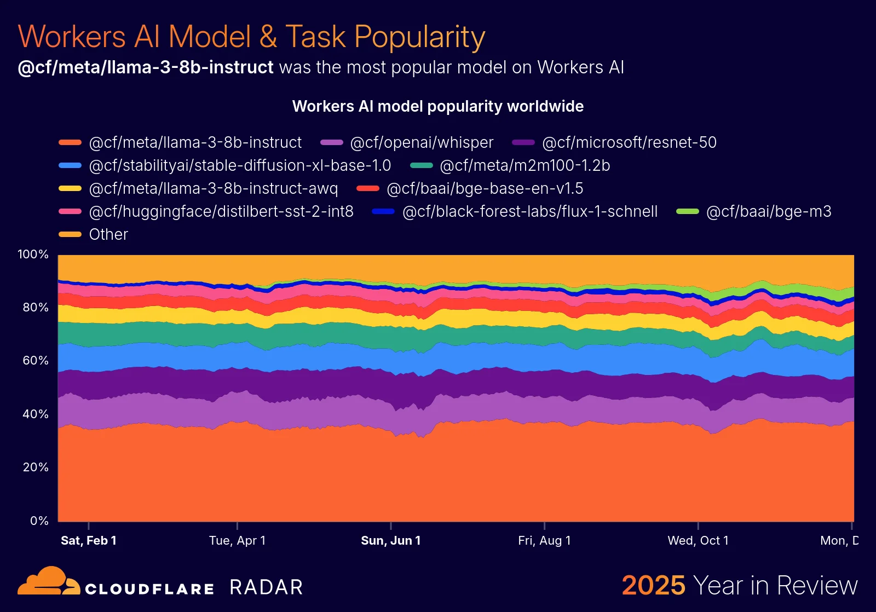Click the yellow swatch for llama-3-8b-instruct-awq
coord(70,188)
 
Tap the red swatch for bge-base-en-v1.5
coord(368,188)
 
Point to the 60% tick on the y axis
coord(36,361)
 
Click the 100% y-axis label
coord(33,255)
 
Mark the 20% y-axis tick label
coord(36,467)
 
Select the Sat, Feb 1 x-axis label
coord(89,541)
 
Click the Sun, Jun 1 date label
coord(391,541)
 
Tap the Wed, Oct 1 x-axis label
coord(698,541)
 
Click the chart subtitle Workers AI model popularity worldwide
coord(438,106)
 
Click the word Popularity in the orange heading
coord(419,37)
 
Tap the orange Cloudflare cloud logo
coord(48,581)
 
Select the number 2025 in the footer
coord(653,585)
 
